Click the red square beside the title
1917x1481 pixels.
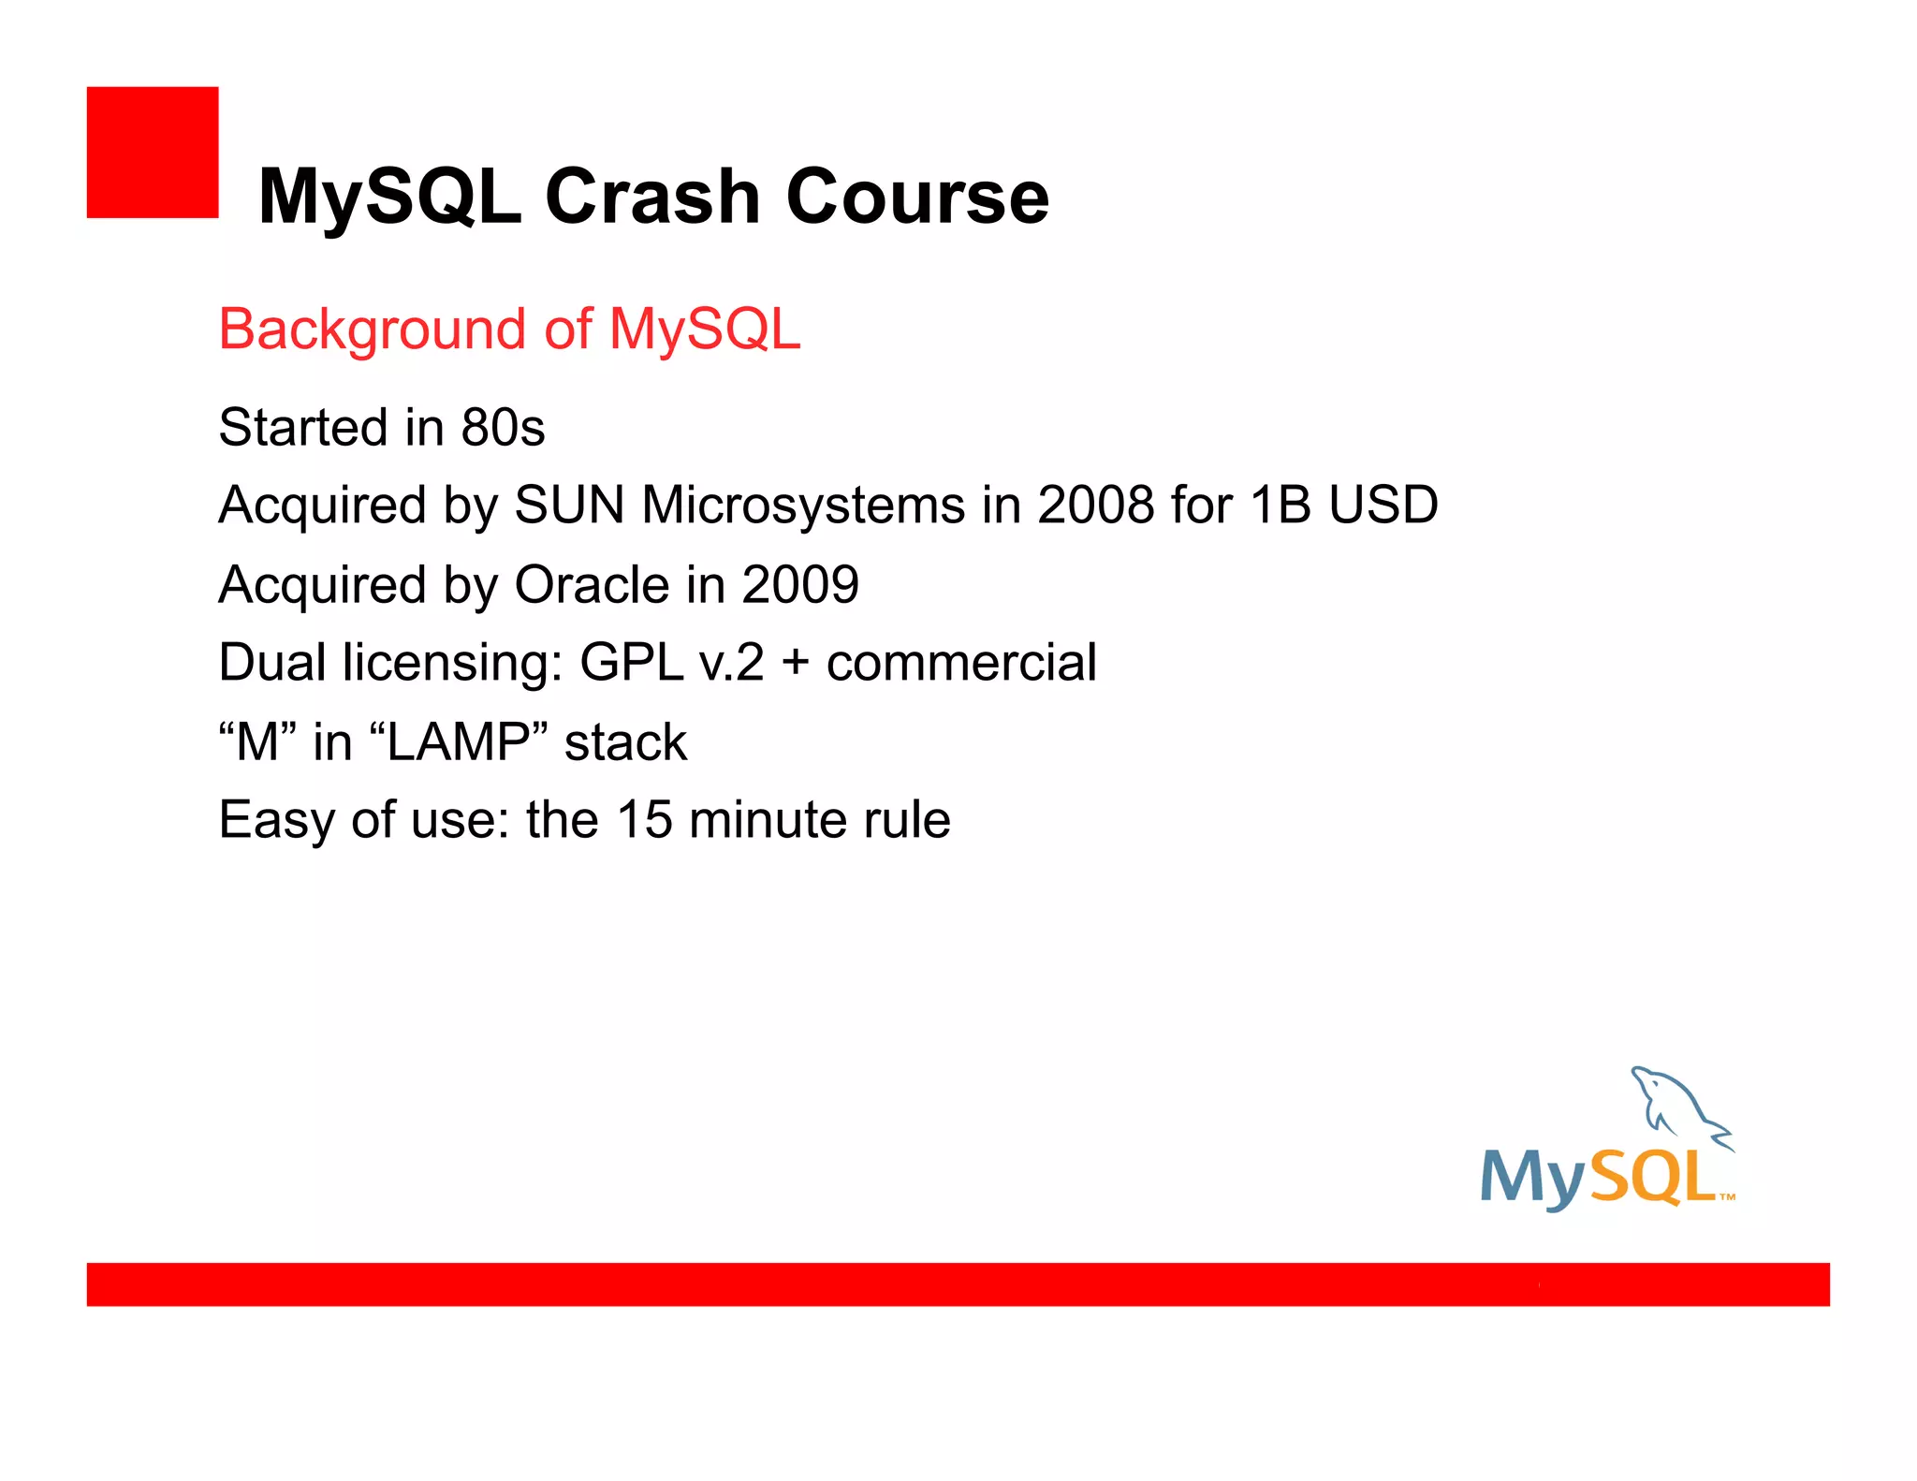coord(153,153)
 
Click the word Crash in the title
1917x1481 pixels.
coord(651,197)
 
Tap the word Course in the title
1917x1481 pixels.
coord(917,197)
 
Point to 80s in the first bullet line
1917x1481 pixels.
coord(503,428)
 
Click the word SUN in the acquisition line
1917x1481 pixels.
coord(569,506)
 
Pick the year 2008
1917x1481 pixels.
coord(1095,506)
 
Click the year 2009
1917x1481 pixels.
coord(800,585)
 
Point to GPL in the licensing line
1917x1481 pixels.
coord(632,663)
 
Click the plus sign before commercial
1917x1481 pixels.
coord(795,663)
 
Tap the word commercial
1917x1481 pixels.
coord(961,663)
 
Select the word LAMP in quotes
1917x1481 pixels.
coord(459,742)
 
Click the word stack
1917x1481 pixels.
coord(625,742)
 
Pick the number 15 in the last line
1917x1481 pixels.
coord(645,820)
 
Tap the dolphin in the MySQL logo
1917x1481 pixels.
coord(1676,1105)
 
